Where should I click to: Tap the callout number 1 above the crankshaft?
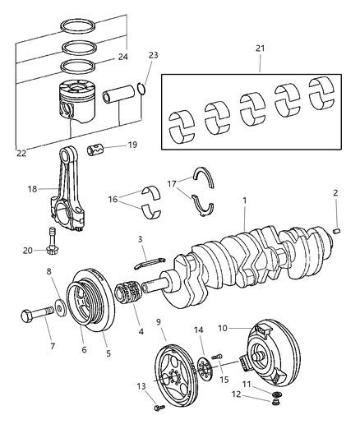245,200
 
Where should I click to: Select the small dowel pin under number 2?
337,231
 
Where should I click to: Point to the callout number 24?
122,57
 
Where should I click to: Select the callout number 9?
158,323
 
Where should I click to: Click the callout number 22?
20,153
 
